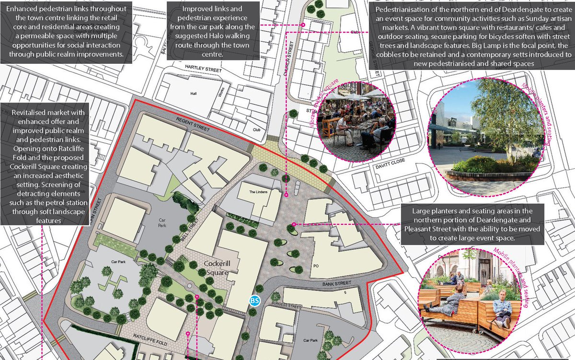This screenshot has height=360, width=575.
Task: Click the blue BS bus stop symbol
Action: coord(254,301)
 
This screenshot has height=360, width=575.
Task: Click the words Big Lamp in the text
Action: coord(499,45)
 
